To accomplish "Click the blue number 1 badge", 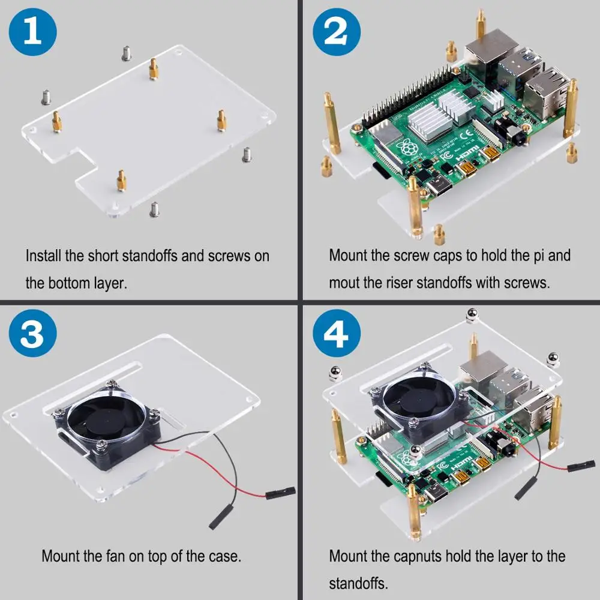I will tap(32, 33).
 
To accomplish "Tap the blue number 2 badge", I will tap(334, 33).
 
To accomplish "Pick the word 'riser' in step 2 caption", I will tap(399, 283).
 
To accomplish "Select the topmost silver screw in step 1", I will tap(127, 52).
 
